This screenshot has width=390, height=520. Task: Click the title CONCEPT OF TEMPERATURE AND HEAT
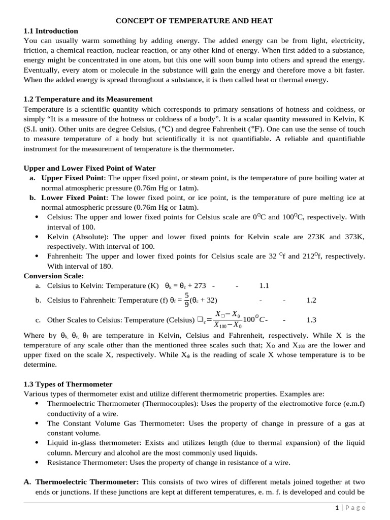click(194, 21)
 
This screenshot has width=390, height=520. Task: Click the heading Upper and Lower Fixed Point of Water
click(90, 168)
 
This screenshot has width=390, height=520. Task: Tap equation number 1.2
click(311, 301)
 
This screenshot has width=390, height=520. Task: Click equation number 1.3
click(311, 320)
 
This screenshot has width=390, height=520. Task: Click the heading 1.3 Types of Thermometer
click(68, 384)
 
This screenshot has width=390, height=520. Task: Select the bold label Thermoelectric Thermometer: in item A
click(87, 482)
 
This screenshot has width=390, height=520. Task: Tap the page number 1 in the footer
click(337, 508)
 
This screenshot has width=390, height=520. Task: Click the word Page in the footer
click(355, 508)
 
